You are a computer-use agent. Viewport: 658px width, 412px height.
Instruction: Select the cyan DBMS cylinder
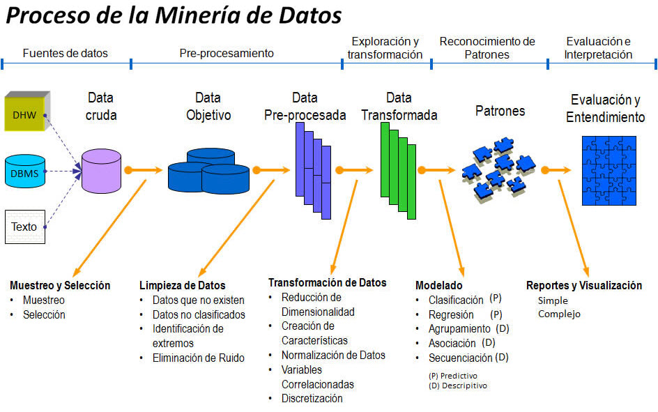[x=25, y=171]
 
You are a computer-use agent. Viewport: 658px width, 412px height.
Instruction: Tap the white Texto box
[x=25, y=227]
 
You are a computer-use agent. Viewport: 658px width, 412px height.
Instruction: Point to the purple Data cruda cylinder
[x=102, y=171]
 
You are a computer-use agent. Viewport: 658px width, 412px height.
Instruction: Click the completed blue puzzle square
[x=609, y=171]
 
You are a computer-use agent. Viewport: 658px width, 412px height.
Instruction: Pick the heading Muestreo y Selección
[x=60, y=285]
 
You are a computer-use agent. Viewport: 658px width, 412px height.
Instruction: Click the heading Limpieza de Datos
[x=183, y=285]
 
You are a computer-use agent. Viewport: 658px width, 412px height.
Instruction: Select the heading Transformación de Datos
[x=328, y=282]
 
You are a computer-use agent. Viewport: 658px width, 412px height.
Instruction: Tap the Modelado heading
[x=439, y=285]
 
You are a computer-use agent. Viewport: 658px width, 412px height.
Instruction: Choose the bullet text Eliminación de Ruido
[x=199, y=358]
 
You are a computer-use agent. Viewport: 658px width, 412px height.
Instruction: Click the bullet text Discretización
[x=312, y=398]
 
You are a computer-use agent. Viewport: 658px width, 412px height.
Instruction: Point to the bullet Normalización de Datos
[x=333, y=355]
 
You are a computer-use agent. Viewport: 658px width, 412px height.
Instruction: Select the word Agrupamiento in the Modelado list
[x=459, y=328]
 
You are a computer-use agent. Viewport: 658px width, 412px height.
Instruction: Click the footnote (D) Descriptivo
[x=458, y=385]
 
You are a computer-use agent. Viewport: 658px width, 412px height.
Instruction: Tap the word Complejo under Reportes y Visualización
[x=560, y=314]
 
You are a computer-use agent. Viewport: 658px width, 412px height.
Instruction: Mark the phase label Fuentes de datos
[x=65, y=53]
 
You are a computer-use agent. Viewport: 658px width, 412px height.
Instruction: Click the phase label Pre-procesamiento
[x=227, y=53]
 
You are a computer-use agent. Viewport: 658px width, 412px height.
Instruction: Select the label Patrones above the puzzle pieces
[x=500, y=111]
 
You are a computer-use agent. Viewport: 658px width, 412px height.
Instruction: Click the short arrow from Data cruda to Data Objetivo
[x=143, y=170]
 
